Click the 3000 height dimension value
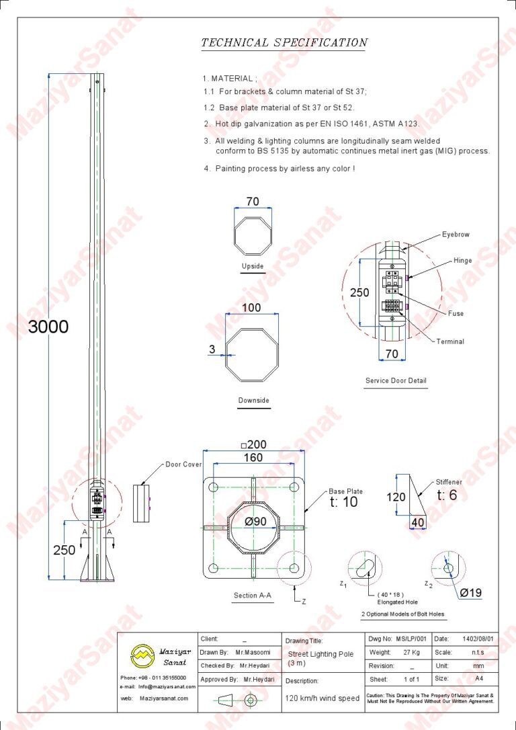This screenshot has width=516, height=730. click(48, 327)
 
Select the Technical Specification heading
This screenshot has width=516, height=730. click(284, 42)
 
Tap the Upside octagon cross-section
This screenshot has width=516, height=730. click(253, 235)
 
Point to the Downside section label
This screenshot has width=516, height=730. click(253, 400)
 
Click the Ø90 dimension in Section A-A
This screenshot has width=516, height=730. click(255, 522)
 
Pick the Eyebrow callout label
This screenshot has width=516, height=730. click(456, 235)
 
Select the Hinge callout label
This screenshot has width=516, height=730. click(462, 261)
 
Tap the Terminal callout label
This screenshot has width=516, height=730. click(450, 341)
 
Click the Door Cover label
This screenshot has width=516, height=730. click(183, 464)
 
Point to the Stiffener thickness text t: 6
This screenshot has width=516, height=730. click(447, 495)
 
